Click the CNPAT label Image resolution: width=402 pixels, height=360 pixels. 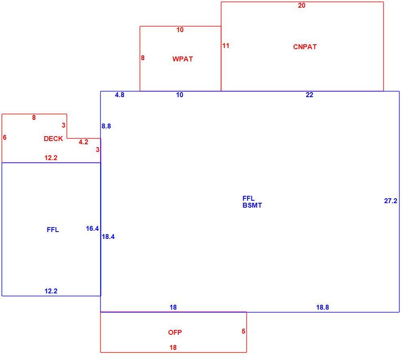click(305, 47)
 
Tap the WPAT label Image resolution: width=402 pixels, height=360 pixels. click(183, 59)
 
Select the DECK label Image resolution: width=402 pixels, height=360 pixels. click(53, 139)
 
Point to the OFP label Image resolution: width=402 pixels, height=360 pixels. click(175, 332)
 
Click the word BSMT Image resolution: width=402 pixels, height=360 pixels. click(252, 205)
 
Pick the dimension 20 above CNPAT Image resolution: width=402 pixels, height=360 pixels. click(301, 5)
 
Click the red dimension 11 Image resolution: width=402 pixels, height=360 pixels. click(226, 46)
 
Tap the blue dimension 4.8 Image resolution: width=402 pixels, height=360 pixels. click(119, 95)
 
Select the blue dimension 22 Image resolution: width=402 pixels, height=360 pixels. click(309, 95)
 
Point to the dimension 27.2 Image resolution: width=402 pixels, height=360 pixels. click(391, 201)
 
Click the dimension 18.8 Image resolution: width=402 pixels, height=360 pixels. click(322, 307)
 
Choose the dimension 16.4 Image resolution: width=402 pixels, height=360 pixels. click(92, 228)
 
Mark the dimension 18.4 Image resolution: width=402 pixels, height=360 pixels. click(108, 236)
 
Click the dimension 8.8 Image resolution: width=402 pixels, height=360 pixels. click(106, 126)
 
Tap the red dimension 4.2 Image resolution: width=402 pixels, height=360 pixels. click(83, 142)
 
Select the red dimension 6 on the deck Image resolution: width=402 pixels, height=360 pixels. click(4, 137)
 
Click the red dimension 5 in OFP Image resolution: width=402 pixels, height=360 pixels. click(243, 331)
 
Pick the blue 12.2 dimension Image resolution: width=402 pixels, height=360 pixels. click(51, 291)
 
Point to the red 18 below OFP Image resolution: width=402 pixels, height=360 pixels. click(173, 347)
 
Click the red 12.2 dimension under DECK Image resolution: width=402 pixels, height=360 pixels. click(51, 158)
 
